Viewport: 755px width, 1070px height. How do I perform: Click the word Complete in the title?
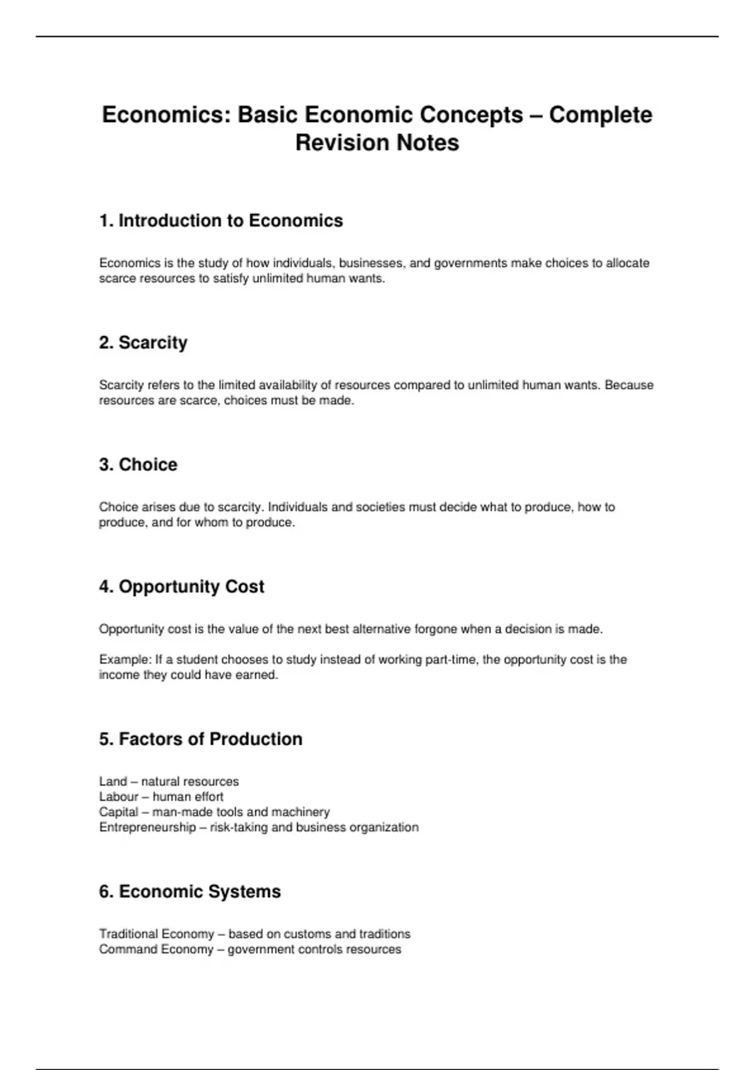[600, 115]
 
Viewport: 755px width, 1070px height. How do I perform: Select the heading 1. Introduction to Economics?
[221, 221]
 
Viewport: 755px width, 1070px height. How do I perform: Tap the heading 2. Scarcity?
[143, 343]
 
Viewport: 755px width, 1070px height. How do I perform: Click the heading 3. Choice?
[138, 465]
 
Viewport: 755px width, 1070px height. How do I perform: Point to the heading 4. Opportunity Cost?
[181, 587]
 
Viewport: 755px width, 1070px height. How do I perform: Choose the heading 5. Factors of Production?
[201, 739]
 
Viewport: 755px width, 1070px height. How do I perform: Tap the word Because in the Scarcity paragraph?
[629, 385]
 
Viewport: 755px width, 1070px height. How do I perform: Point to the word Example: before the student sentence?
[125, 660]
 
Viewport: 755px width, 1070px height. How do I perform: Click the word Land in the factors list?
[113, 782]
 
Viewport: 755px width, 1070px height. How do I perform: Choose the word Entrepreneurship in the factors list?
[147, 827]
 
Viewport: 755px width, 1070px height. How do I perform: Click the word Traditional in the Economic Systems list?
[128, 934]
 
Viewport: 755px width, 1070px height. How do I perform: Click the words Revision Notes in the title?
[377, 143]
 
